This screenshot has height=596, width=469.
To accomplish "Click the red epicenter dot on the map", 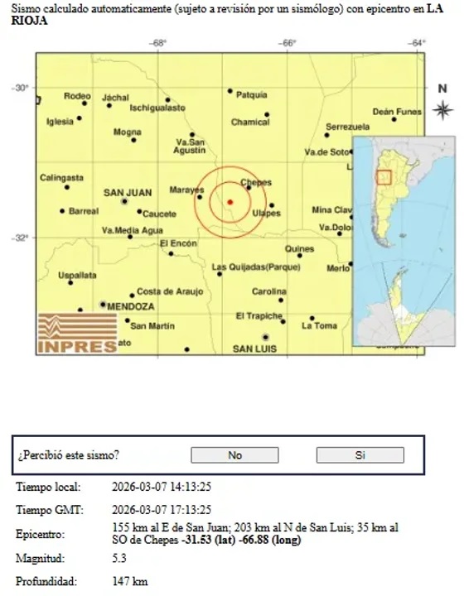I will tap(230, 202).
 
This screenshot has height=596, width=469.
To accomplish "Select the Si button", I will tap(360, 454).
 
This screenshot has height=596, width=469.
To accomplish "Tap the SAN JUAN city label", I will tap(127, 193).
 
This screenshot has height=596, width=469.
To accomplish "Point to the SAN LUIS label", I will tap(254, 348).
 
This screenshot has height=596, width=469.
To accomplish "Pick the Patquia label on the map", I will tap(251, 95).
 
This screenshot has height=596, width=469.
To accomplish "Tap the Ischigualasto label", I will tap(157, 108).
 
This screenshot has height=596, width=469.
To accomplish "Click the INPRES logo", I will tap(77, 334).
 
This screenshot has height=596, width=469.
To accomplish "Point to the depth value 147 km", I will tap(129, 581).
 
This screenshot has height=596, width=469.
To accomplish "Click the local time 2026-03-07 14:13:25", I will tap(161, 487).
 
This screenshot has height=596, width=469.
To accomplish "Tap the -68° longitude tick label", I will tap(158, 43).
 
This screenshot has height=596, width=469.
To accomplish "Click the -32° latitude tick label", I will tap(20, 238).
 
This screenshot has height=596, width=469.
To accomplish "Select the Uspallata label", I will tap(77, 275).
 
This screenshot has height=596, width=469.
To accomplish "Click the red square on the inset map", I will tap(383, 176).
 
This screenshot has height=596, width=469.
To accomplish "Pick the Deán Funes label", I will tap(397, 112).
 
